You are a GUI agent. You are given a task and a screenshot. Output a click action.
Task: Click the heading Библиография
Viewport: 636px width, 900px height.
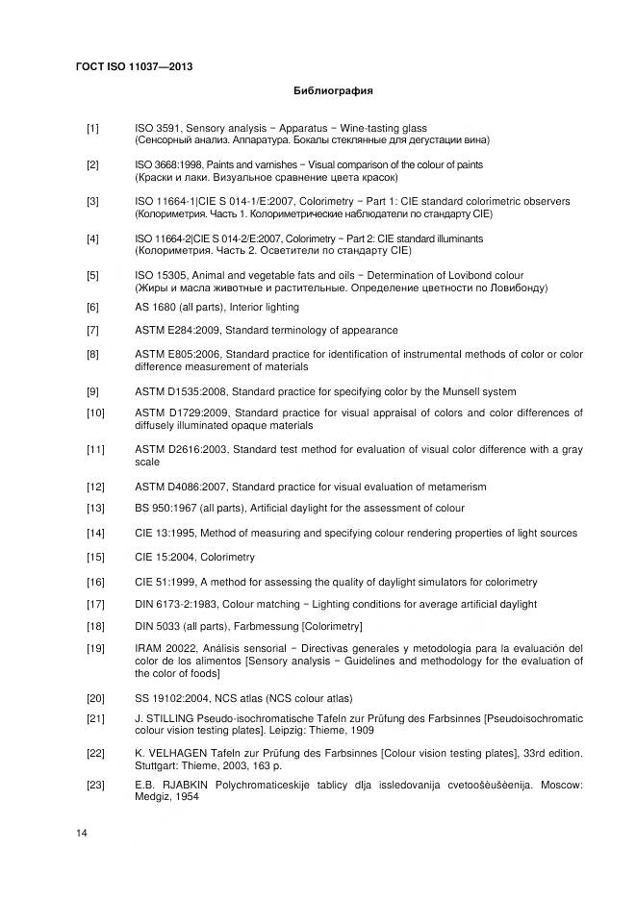tap(333, 92)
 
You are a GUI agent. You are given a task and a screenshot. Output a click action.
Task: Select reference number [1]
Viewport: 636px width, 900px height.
tap(92, 128)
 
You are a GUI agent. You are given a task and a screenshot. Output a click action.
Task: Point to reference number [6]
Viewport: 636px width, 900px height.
tap(92, 307)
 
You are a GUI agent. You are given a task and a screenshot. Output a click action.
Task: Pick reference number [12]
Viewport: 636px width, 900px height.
tap(95, 487)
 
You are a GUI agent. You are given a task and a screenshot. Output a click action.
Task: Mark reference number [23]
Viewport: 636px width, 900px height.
tap(95, 785)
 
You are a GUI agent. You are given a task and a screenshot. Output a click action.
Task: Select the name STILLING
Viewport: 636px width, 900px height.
tap(170, 718)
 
